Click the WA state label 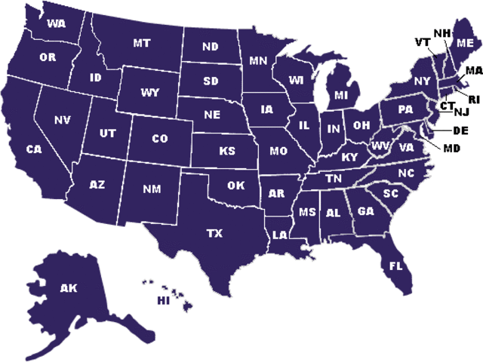click(56, 24)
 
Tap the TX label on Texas click(214, 234)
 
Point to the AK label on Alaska click(69, 287)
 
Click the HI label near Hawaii click(162, 301)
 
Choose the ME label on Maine click(465, 42)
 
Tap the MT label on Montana click(141, 43)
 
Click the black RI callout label click(473, 99)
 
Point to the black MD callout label click(451, 148)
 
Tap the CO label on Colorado click(160, 139)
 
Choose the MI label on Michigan click(341, 95)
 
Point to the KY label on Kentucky click(349, 157)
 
